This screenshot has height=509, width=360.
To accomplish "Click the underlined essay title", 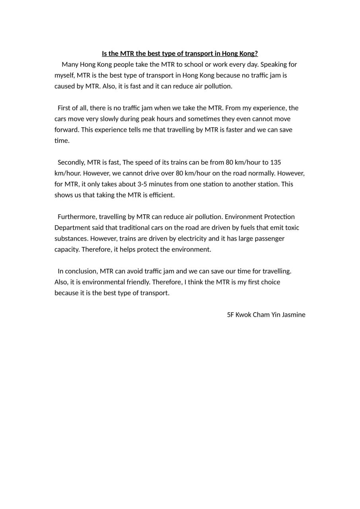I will [180, 54].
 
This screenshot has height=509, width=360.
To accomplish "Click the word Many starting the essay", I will [70, 64].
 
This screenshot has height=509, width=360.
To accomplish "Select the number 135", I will [276, 162].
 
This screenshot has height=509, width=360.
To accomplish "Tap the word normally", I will [263, 173].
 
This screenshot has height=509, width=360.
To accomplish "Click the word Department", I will [72, 227].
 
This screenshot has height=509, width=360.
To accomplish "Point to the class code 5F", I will [230, 315].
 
